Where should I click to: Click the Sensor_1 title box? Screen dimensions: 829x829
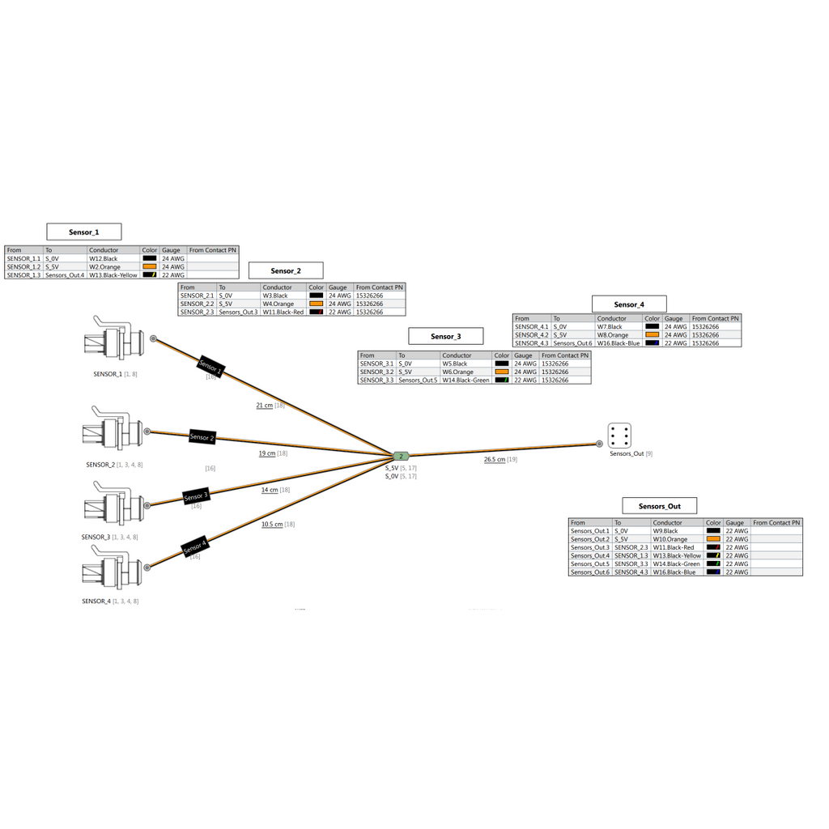84,232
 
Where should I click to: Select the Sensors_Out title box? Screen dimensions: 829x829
659,506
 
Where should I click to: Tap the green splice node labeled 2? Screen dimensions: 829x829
401,457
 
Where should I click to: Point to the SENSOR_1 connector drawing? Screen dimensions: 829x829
113,341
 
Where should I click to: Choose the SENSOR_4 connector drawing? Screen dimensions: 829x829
112,569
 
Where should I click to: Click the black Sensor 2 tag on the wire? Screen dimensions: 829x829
202,436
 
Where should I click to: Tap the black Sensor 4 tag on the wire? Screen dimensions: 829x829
194,547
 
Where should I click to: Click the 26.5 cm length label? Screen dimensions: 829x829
495,460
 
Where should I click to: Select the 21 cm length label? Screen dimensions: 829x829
265,406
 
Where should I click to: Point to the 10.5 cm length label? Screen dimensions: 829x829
272,525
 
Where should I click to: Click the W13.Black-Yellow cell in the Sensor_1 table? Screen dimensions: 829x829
113,275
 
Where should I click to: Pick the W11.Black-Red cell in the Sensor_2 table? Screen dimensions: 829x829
283,312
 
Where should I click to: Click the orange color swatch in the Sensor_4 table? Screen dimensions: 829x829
653,334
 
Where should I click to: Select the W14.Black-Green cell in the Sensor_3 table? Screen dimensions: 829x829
466,380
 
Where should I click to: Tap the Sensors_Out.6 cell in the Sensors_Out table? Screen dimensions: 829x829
590,572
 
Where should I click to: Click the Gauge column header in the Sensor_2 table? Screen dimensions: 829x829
338,287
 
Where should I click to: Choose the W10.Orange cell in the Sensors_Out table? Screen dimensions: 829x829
670,539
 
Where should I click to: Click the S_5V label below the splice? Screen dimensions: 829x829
392,468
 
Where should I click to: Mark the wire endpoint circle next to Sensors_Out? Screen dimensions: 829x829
599,444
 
